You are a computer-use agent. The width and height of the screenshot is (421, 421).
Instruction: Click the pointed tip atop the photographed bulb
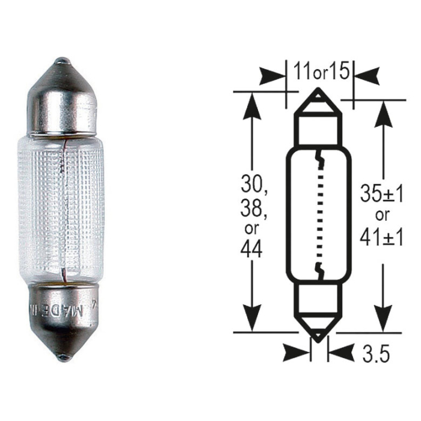[x=63, y=62]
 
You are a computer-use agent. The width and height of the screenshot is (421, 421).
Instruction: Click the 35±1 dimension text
[x=382, y=194]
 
